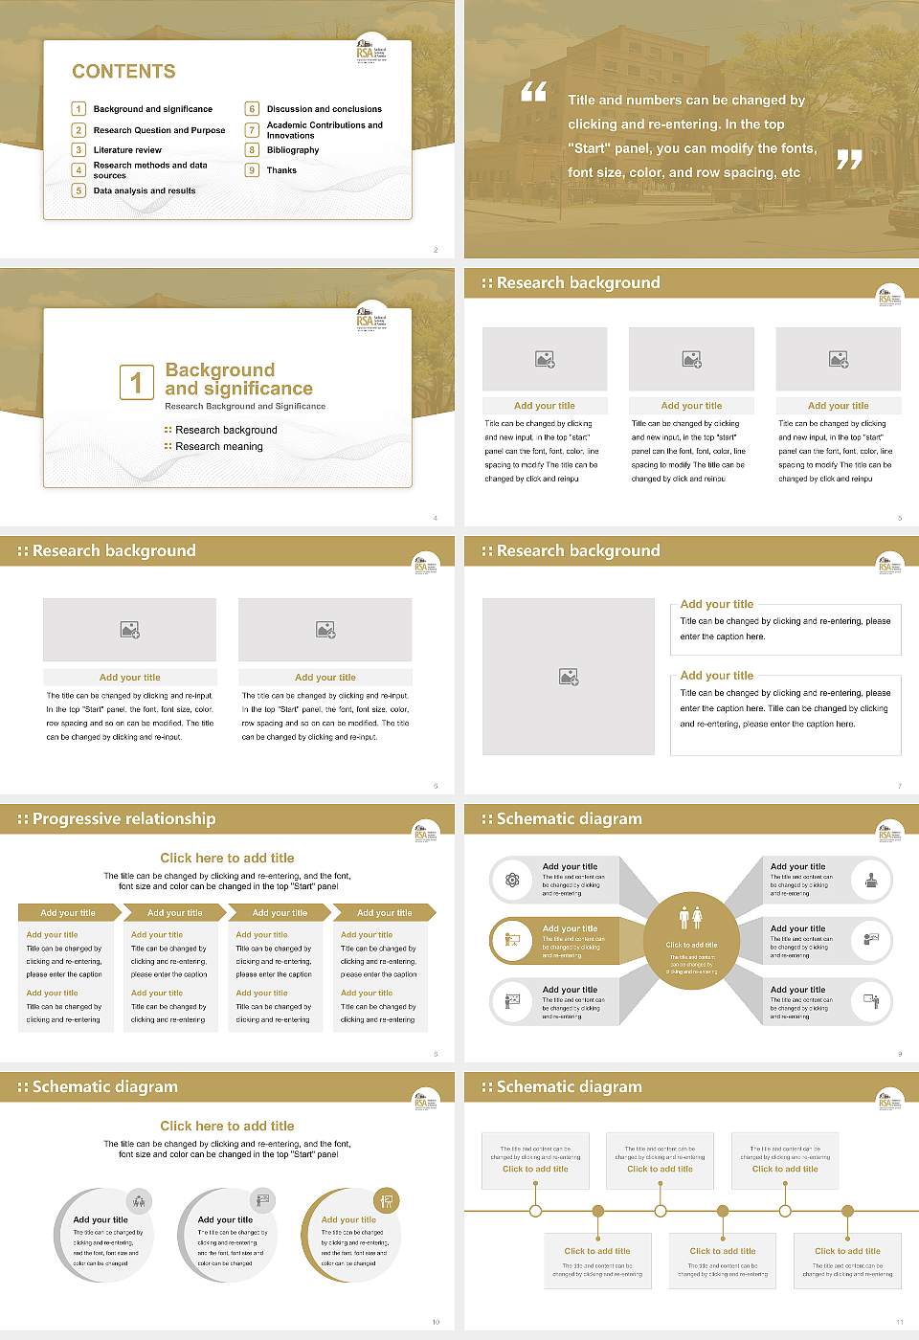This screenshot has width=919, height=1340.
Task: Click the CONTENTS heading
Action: (123, 72)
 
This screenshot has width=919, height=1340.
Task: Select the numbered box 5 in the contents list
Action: (78, 190)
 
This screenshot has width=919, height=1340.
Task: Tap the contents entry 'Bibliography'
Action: (292, 150)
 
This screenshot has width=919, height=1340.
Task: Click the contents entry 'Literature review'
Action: (127, 150)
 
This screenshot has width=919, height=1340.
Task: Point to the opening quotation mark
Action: (533, 92)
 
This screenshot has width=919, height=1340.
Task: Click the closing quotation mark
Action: (849, 160)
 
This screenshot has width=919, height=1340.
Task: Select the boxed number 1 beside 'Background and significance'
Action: (136, 382)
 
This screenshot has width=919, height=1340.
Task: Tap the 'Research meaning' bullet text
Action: (218, 447)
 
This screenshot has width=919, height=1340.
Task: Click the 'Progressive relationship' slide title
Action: (123, 819)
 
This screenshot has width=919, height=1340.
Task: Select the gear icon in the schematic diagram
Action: (512, 880)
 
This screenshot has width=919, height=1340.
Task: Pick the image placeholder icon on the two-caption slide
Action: (569, 677)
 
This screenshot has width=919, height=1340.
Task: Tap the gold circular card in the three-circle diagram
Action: (350, 1235)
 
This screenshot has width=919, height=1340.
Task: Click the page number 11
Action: (899, 1322)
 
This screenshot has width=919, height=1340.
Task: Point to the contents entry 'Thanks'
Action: (281, 170)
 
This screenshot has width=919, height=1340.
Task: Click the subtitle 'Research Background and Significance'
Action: (245, 407)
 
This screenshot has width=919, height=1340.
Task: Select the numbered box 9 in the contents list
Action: (252, 170)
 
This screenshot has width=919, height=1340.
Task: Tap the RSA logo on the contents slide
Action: (371, 51)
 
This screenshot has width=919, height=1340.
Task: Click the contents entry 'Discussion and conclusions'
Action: (324, 109)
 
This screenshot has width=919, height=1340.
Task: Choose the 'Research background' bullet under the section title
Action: (226, 431)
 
